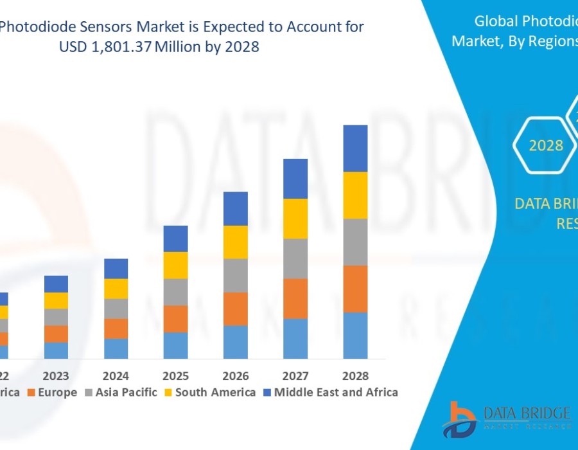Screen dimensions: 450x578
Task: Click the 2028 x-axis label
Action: click(x=355, y=376)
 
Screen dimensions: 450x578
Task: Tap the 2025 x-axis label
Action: click(x=175, y=376)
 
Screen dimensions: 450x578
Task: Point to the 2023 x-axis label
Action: click(x=56, y=376)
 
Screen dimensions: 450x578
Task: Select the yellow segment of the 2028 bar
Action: click(x=355, y=195)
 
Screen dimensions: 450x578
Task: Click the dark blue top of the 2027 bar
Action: click(x=295, y=178)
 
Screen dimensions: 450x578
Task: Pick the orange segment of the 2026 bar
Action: click(x=236, y=309)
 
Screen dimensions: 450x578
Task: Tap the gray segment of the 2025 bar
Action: click(x=175, y=291)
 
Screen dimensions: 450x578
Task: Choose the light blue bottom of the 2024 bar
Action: click(x=116, y=348)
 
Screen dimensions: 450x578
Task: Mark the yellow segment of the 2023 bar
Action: click(x=56, y=300)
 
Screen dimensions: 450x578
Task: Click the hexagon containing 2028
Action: click(x=545, y=145)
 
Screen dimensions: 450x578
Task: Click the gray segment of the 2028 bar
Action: click(x=355, y=242)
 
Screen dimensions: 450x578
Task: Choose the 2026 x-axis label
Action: click(x=236, y=376)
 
